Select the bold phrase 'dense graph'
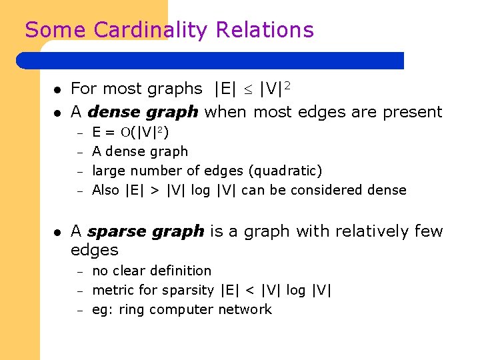[143, 111]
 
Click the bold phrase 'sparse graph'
[145, 231]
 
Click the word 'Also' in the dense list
[105, 190]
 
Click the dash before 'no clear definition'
[78, 271]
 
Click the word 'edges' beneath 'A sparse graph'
[95, 250]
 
